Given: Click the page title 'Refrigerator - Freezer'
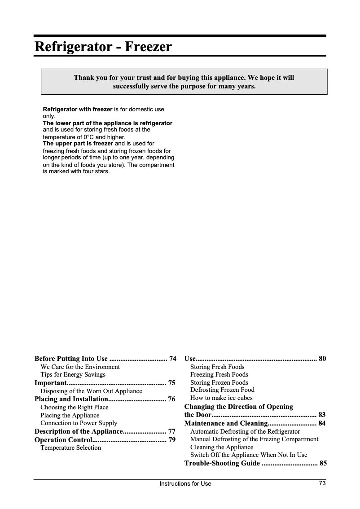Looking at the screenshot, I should [103, 47].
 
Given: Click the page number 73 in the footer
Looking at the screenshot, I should [322, 483].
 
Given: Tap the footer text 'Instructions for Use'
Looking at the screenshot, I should [185, 483].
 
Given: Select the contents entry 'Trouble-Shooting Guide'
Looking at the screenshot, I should [222, 463].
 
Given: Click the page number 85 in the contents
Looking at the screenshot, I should [322, 463].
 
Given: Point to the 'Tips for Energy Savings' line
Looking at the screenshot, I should [73, 374].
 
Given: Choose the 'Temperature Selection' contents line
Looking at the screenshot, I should [70, 448].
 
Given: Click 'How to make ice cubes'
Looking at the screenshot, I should [221, 398].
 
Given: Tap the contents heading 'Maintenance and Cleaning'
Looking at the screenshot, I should [225, 423].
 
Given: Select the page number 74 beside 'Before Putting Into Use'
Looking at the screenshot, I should [172, 359].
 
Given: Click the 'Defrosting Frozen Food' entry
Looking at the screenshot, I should [222, 390].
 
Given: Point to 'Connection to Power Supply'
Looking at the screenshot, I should [79, 423].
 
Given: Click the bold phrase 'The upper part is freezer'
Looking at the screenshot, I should [78, 144].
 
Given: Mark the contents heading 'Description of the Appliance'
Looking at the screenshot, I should [78, 431].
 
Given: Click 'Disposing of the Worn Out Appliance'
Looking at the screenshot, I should [91, 391].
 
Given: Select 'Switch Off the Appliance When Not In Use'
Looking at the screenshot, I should [249, 455].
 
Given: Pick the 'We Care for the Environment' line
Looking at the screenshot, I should [80, 367].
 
